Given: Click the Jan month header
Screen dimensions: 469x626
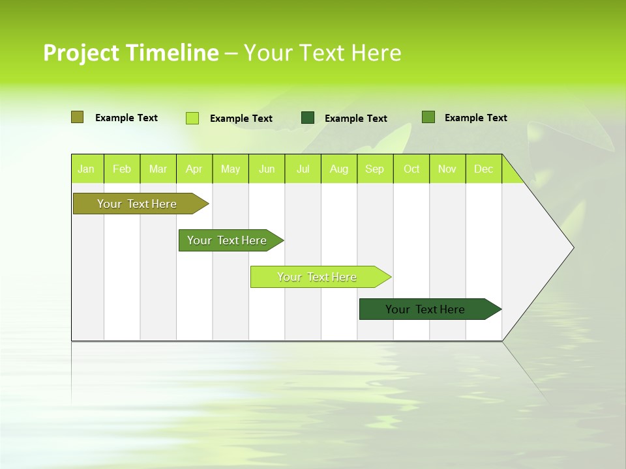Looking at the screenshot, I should coord(86,169).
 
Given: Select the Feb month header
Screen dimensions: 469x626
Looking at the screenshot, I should coord(122,169).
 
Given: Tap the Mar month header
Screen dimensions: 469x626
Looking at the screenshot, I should coord(158,169).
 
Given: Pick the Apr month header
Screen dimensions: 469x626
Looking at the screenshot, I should coord(194,169).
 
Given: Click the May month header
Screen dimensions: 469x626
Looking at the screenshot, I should coord(230,169).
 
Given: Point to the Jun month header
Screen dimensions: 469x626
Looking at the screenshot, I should coord(267,169).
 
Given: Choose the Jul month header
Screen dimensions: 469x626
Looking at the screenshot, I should coord(303,169).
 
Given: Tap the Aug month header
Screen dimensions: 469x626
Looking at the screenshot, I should coord(339,169).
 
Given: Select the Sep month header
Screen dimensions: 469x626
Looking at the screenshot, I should coord(375,169).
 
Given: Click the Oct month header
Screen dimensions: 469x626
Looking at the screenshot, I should coord(411,169).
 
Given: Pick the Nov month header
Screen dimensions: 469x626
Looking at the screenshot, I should coord(447,169).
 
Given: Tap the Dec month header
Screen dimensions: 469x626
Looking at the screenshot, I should coord(484,169).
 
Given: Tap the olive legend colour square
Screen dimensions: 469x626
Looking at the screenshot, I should coord(77,117).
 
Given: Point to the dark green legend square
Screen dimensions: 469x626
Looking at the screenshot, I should coord(308,118).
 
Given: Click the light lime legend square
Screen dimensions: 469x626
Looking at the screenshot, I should coord(192,118).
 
